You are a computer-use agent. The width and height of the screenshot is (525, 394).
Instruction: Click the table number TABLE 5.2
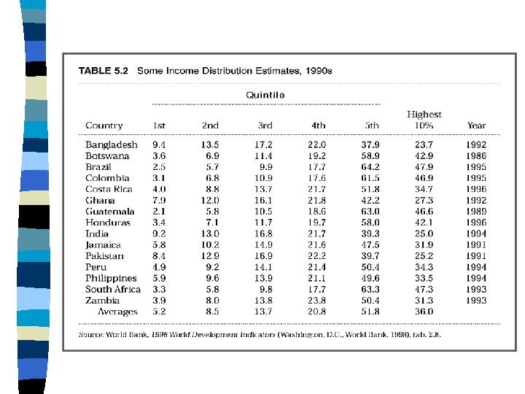tap(103, 71)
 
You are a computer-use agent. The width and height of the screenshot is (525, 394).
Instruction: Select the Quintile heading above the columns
tap(265, 95)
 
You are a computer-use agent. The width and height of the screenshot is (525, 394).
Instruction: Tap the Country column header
tap(104, 125)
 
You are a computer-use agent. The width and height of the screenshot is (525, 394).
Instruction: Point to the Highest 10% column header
tap(424, 120)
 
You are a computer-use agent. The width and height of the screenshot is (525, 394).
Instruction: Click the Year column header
tap(476, 125)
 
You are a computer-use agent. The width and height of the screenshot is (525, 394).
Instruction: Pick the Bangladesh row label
tap(112, 144)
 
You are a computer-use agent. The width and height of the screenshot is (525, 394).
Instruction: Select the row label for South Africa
tap(113, 289)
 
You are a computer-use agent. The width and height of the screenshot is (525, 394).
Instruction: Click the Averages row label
tap(117, 312)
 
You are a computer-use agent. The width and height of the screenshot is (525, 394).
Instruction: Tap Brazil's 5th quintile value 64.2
tap(370, 167)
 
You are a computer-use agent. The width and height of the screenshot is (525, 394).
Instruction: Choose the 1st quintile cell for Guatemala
tap(159, 212)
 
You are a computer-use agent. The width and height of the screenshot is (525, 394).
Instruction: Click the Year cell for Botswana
tap(476, 156)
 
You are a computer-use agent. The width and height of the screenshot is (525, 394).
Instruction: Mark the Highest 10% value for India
tap(424, 233)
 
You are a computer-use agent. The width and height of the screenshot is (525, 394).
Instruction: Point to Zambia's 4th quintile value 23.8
tap(316, 300)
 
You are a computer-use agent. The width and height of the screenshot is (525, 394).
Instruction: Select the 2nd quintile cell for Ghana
tap(210, 201)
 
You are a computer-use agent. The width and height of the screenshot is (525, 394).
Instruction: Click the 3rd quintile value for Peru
tap(263, 267)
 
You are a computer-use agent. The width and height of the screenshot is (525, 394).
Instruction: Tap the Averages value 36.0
tap(424, 312)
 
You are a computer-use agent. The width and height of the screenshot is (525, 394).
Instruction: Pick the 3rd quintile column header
tap(265, 125)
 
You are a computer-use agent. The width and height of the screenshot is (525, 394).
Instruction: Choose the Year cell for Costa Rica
tap(476, 189)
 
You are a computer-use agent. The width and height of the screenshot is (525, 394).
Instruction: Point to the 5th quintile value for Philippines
tap(370, 278)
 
